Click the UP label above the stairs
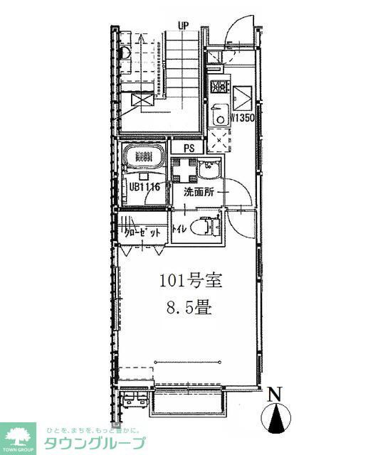183,25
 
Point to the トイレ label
179,229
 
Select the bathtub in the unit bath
145,157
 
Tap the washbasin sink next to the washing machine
209,170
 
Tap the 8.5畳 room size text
189,310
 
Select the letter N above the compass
275,392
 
